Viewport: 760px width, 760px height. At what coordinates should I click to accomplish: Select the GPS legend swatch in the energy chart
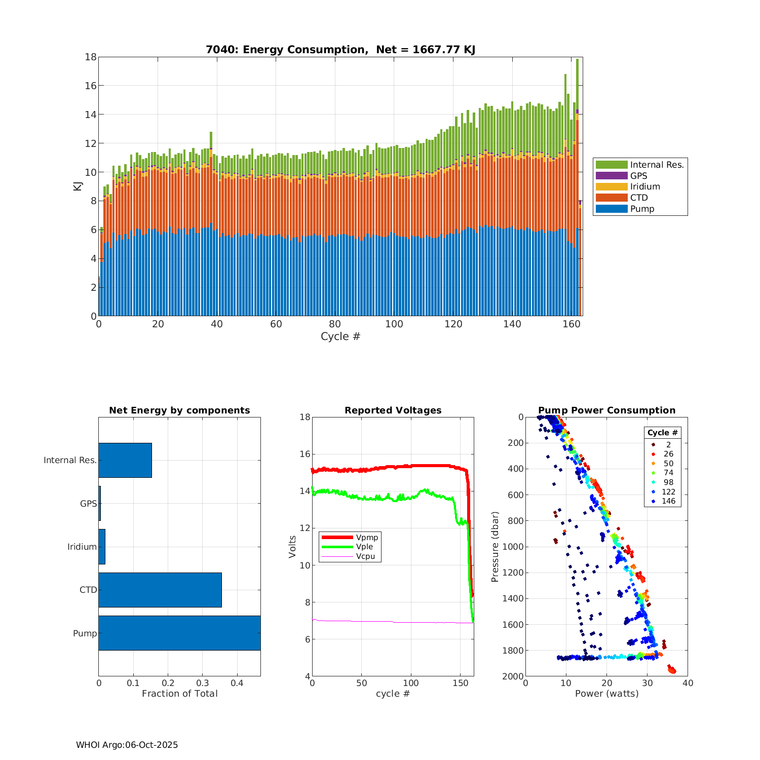(x=612, y=176)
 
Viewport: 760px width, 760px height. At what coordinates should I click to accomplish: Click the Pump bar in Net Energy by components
(x=179, y=633)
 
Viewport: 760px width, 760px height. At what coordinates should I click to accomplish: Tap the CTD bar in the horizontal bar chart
(x=160, y=590)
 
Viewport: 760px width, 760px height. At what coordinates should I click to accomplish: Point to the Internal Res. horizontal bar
(x=125, y=460)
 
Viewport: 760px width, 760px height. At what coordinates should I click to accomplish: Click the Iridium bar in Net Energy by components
(x=102, y=547)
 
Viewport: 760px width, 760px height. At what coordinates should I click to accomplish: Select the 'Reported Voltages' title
(x=393, y=410)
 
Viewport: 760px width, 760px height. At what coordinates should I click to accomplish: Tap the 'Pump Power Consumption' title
(x=606, y=410)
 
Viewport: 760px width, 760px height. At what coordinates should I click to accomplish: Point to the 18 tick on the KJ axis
(x=91, y=57)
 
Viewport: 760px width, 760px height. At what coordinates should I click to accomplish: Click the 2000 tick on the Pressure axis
(x=513, y=676)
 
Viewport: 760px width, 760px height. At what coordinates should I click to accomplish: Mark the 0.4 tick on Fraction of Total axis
(x=237, y=683)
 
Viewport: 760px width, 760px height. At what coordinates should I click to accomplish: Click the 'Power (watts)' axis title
(x=606, y=694)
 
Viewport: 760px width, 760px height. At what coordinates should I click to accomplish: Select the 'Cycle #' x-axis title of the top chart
(x=340, y=336)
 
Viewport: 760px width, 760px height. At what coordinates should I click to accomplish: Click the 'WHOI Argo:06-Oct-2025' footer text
(x=127, y=745)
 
